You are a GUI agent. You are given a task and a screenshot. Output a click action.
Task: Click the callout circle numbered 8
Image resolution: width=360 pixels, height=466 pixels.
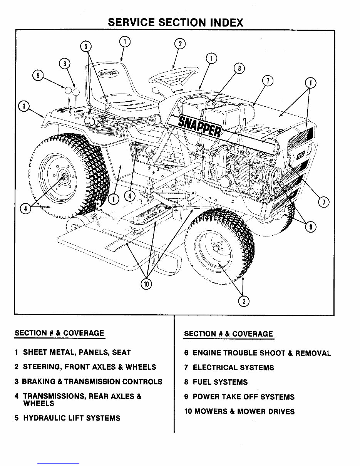point(239,69)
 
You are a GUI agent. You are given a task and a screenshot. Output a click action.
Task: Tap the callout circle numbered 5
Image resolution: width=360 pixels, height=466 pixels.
point(86,47)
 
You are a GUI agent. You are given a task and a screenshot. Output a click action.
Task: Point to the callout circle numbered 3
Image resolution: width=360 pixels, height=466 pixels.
point(65,64)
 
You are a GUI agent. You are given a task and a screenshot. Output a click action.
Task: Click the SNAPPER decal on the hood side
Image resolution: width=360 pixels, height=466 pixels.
point(199,126)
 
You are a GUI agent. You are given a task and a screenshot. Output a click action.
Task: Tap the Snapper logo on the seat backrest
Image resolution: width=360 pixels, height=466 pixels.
point(108,73)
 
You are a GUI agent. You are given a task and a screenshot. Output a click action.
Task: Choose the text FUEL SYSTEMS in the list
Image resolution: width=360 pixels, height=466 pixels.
point(220,382)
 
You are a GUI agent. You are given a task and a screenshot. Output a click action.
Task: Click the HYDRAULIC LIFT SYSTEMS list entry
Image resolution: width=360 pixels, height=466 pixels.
point(72,418)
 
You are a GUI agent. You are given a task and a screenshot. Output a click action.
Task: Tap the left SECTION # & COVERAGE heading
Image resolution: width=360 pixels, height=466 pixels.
point(59,333)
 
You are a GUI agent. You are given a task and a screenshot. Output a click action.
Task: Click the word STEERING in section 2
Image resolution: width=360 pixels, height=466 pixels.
point(42,367)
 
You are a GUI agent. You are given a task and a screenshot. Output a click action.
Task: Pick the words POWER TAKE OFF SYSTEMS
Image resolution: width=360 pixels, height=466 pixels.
point(243,397)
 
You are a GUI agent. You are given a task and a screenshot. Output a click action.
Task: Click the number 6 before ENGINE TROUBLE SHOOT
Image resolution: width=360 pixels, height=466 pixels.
point(186,353)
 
